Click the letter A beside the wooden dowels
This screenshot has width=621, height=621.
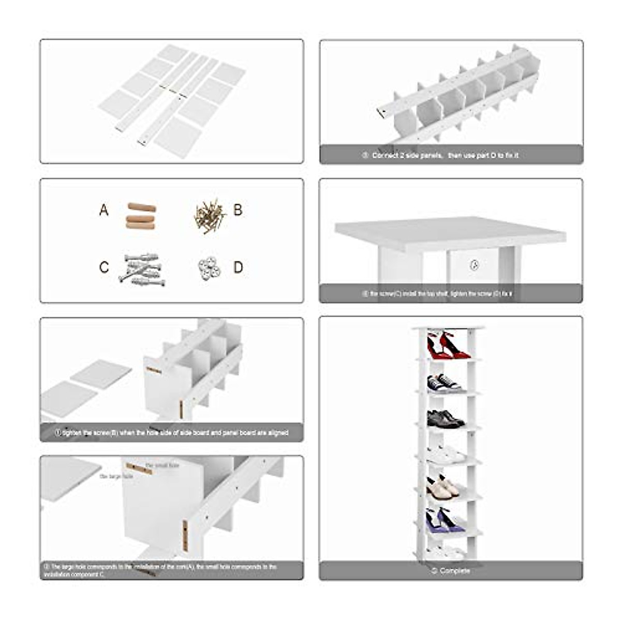tap(104, 210)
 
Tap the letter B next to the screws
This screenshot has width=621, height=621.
tap(238, 210)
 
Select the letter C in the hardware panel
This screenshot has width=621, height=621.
tap(104, 268)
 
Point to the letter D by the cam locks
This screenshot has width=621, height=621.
tap(238, 268)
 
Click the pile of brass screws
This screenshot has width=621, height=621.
tap(209, 215)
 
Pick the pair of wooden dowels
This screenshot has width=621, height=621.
tap(141, 215)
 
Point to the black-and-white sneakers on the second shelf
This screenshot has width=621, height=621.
tap(444, 383)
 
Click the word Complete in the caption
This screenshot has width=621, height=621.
tap(454, 571)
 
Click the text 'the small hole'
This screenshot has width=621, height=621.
tap(162, 466)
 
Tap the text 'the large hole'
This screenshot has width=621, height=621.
tap(116, 476)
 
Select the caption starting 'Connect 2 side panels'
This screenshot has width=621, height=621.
tap(445, 155)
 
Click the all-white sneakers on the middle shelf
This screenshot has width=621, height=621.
tap(445, 454)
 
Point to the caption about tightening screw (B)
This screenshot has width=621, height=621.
tap(171, 433)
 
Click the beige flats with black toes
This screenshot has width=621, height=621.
tap(442, 487)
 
